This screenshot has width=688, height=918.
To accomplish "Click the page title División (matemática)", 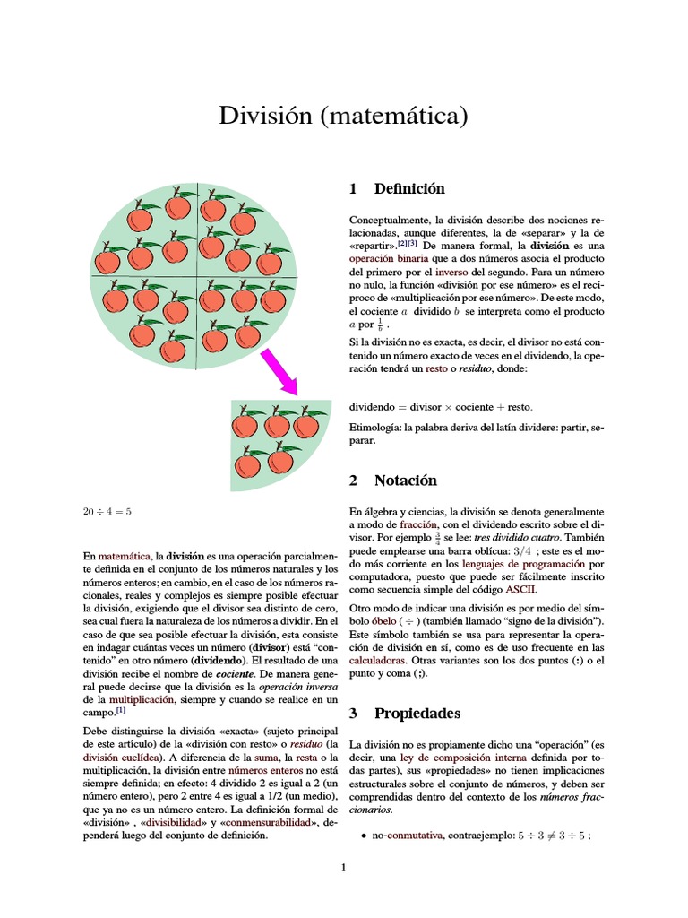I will point(344,117).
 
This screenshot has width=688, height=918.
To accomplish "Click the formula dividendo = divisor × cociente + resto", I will point(440,406).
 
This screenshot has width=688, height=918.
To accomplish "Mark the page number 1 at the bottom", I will point(343,867).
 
